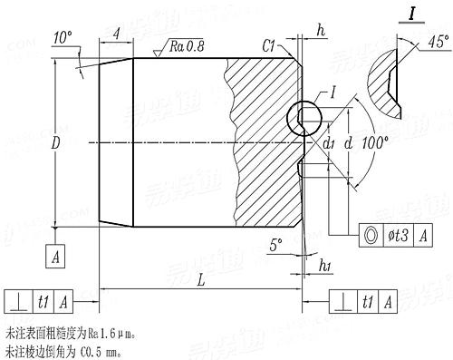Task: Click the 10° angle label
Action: [x=63, y=37]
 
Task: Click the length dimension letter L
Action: [x=199, y=282]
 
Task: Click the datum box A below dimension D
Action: [x=57, y=257]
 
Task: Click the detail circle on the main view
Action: [x=303, y=116]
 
